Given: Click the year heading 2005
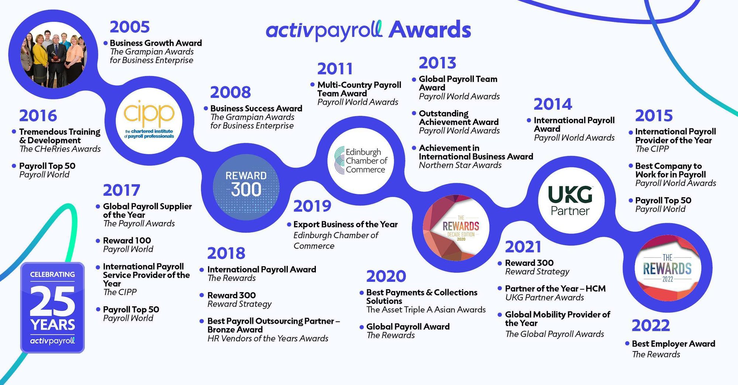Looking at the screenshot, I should pyautogui.click(x=130, y=27).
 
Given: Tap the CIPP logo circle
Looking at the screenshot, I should pyautogui.click(x=149, y=120).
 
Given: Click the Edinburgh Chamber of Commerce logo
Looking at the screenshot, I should pyautogui.click(x=361, y=160).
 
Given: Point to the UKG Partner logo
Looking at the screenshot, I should pyautogui.click(x=570, y=201).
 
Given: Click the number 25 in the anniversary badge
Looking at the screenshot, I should pyautogui.click(x=52, y=301).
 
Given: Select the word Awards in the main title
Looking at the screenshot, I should pyautogui.click(x=430, y=30).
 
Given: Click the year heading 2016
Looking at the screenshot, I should pyautogui.click(x=38, y=116).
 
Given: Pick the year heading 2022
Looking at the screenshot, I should pyautogui.click(x=650, y=326).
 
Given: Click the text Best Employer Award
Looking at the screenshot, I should pyautogui.click(x=673, y=344).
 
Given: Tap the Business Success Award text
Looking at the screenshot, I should pyautogui.click(x=256, y=108).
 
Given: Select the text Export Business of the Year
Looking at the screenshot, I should pyautogui.click(x=345, y=224).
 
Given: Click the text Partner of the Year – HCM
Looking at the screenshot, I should pyautogui.click(x=555, y=288).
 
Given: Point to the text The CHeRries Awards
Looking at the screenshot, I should pyautogui.click(x=60, y=149).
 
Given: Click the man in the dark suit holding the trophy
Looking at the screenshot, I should pyautogui.click(x=56, y=59).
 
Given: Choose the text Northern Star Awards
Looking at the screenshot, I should pyautogui.click(x=460, y=165).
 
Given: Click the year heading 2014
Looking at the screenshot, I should pyautogui.click(x=552, y=104).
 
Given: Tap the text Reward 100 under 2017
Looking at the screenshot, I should pyautogui.click(x=127, y=240).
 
